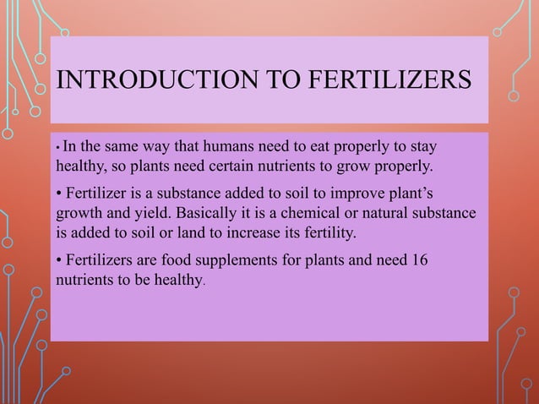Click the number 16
click(419, 259)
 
